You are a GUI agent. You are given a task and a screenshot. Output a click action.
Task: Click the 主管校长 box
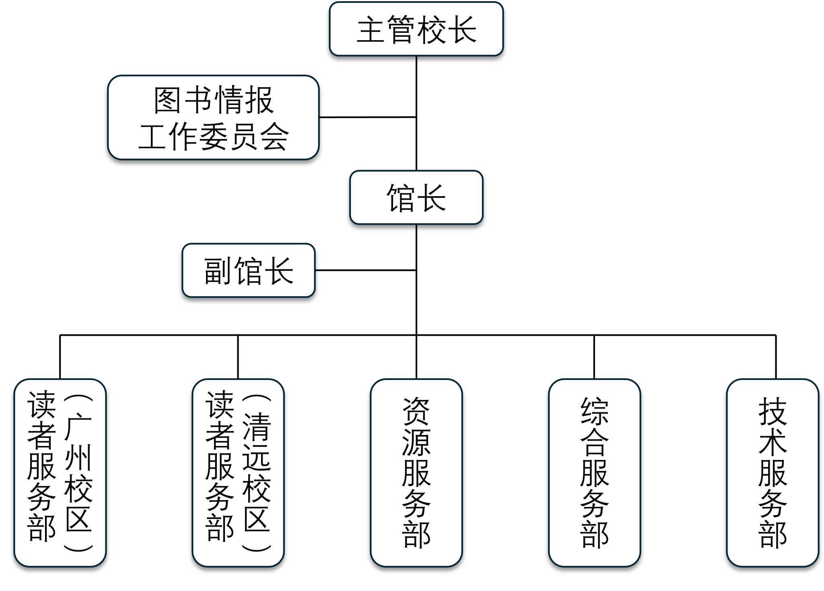coord(416,29)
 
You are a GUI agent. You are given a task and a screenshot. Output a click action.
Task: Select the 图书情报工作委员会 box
coord(213,117)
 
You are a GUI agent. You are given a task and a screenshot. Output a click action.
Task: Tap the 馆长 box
coord(416,197)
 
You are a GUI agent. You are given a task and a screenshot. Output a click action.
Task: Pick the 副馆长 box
coord(249,271)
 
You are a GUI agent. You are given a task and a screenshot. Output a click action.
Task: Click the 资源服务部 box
coord(416,472)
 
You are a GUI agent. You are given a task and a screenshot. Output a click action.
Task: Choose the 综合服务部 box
coord(594,472)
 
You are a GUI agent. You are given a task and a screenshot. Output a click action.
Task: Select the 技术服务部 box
coord(772,472)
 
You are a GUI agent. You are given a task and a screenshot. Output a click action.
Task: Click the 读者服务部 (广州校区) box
coord(60,472)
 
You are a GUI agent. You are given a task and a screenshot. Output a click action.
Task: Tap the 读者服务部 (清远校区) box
coord(238,472)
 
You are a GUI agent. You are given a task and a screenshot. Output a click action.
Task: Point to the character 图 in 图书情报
coord(167,101)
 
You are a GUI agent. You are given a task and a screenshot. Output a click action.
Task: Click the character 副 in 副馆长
coord(217,271)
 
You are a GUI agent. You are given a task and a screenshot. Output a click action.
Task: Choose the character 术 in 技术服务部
coord(772,442)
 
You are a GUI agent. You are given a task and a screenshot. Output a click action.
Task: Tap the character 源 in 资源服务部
coord(416,442)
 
